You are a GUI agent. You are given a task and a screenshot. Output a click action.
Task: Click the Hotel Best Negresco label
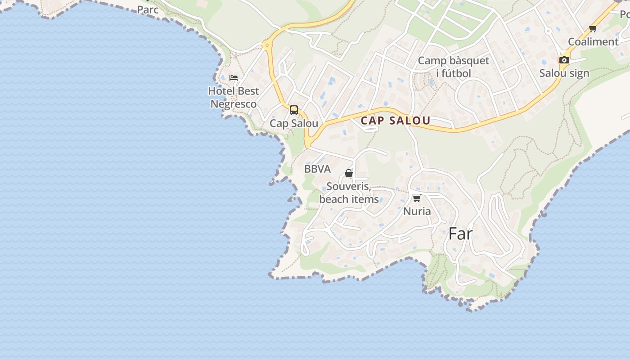click(x=233, y=98)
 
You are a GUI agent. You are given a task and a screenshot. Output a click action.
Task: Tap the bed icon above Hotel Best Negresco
click(x=233, y=78)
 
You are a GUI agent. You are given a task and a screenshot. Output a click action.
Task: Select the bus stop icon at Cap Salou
click(x=294, y=110)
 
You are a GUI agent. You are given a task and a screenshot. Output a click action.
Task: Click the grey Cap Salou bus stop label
click(x=294, y=123)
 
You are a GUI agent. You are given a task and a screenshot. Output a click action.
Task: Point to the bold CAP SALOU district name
click(x=396, y=121)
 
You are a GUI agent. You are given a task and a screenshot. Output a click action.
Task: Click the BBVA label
click(x=317, y=169)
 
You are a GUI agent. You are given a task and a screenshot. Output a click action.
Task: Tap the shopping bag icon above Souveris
click(x=348, y=173)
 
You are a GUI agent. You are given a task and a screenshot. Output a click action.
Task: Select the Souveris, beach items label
click(x=349, y=193)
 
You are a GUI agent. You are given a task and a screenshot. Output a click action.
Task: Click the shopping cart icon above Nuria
click(x=417, y=198)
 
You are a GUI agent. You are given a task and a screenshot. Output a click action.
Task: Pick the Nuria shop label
click(x=417, y=211)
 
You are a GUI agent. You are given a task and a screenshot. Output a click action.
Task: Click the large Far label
click(x=460, y=234)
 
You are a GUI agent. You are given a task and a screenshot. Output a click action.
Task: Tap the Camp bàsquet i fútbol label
click(x=453, y=67)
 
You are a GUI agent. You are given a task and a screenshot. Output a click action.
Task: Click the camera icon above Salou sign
click(x=564, y=60)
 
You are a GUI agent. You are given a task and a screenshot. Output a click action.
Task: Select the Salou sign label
click(x=564, y=73)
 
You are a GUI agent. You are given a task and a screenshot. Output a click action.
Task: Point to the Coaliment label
click(x=593, y=42)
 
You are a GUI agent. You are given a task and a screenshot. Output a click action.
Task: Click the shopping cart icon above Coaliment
click(x=593, y=29)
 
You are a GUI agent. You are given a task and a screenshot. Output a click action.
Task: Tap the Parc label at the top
click(x=148, y=9)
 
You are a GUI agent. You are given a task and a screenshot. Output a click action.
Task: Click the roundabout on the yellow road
click(x=267, y=45)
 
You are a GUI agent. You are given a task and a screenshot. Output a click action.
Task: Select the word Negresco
click(x=233, y=104)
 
